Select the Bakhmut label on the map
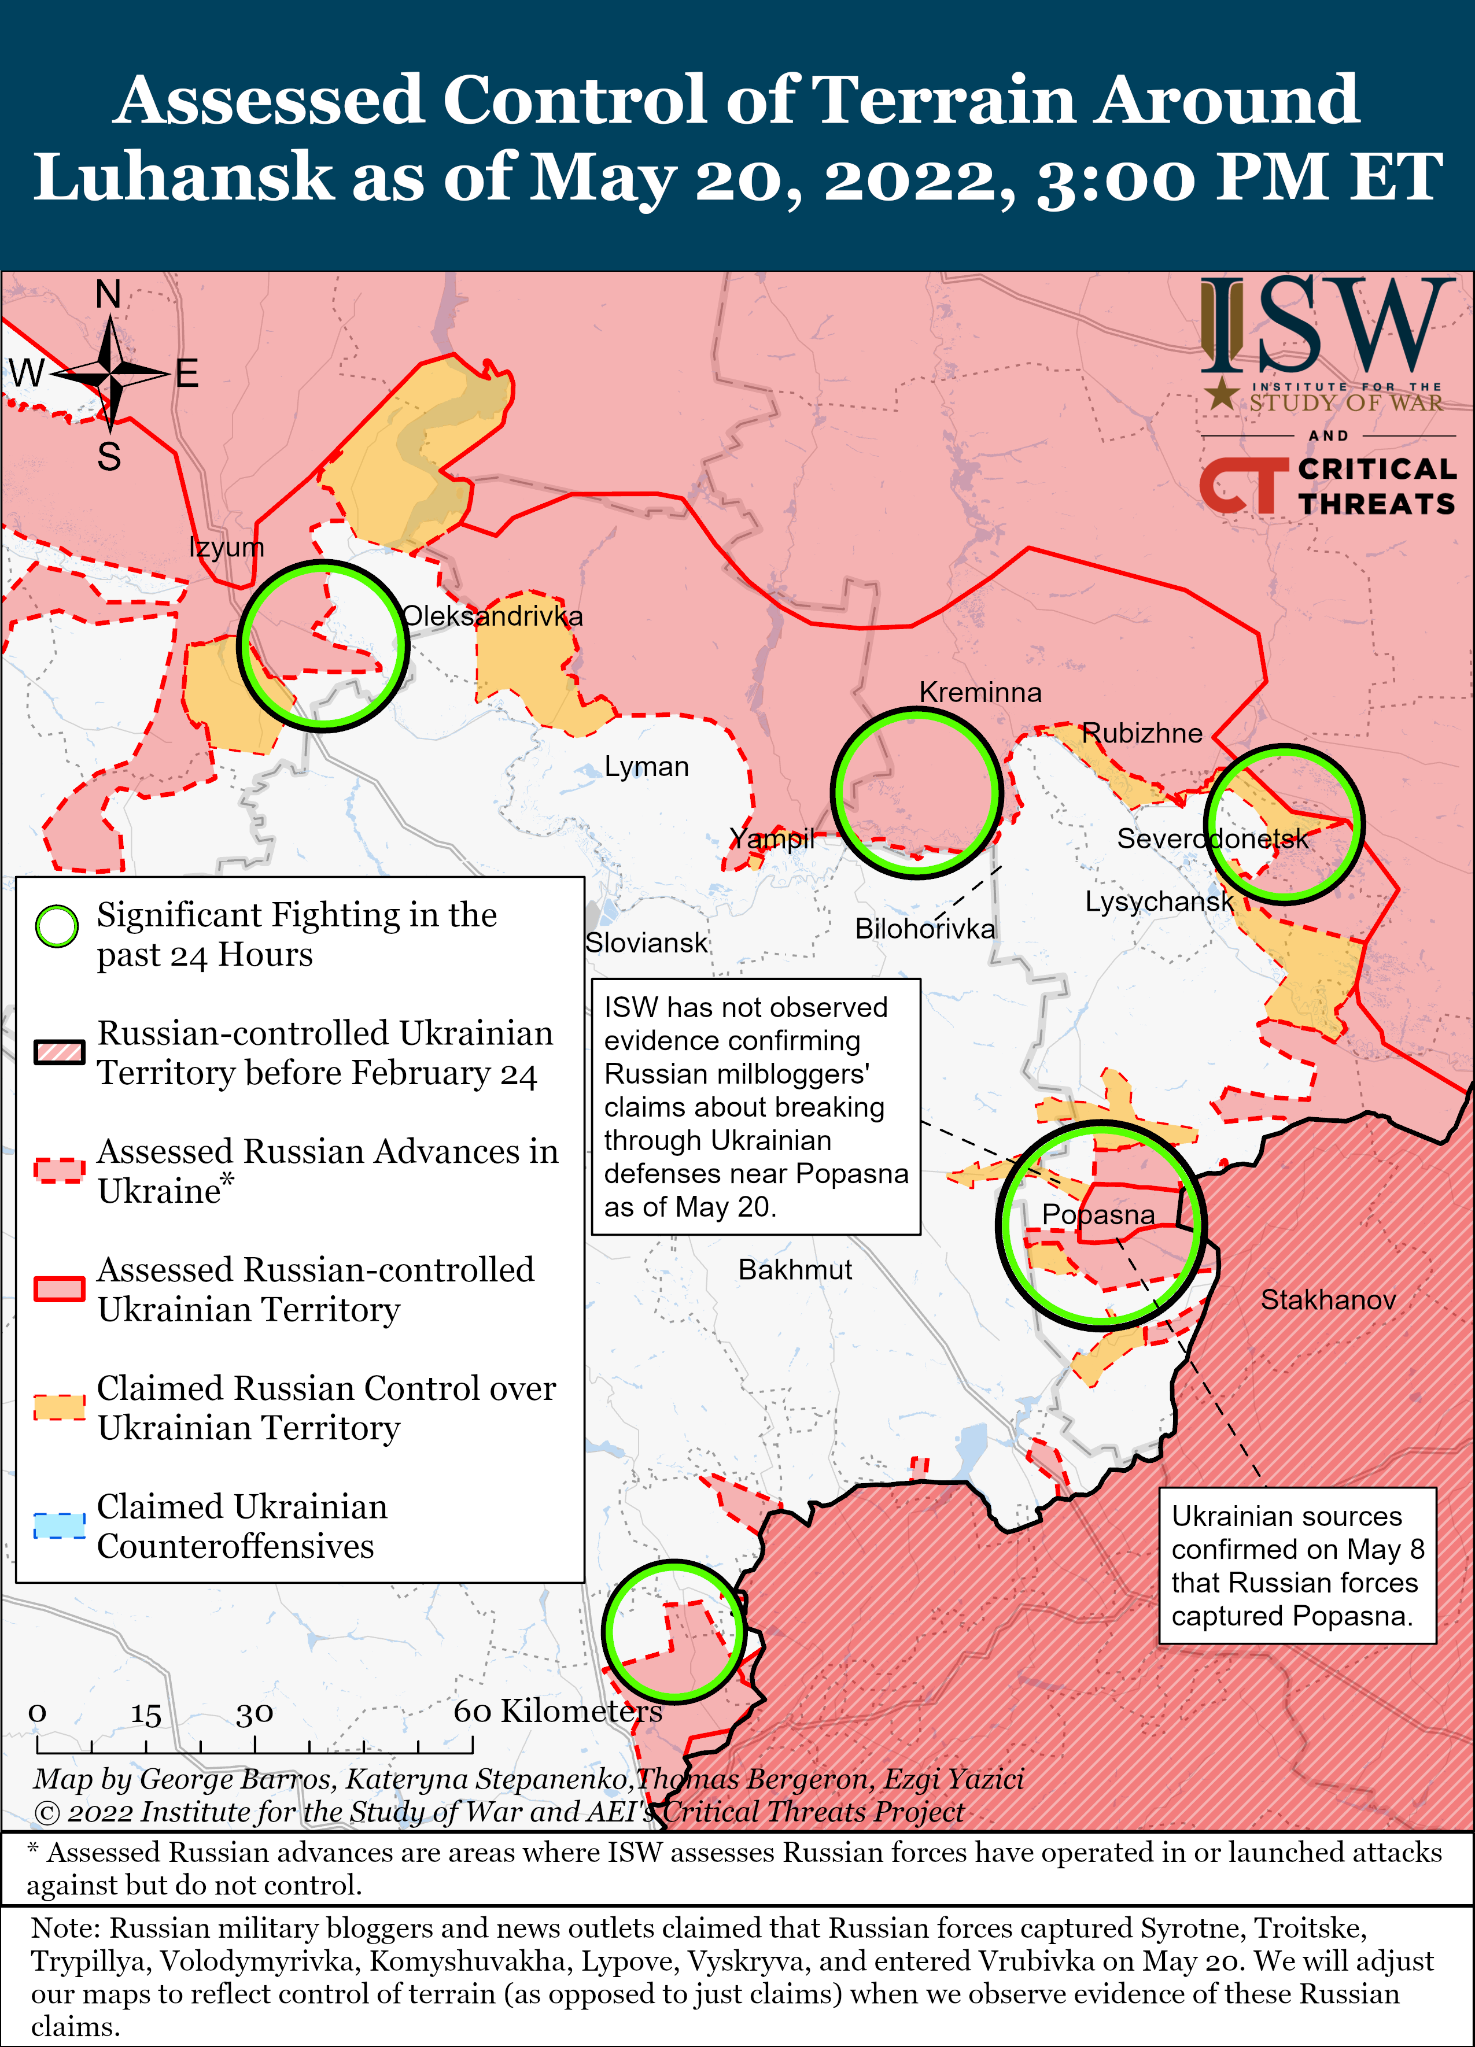[794, 1270]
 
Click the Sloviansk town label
[646, 943]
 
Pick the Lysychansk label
[1158, 901]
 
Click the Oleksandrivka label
[492, 616]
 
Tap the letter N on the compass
[108, 294]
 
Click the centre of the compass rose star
[110, 372]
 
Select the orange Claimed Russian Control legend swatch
[60, 1407]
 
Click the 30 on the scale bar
[255, 1713]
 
